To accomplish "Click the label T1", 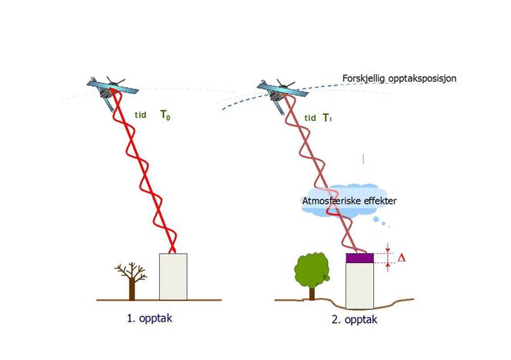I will point(329,118).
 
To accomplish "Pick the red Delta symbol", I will point(399,258).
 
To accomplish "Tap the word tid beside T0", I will point(141,116).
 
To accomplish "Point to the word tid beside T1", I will point(310,118).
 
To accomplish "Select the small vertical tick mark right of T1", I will point(364,158).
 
